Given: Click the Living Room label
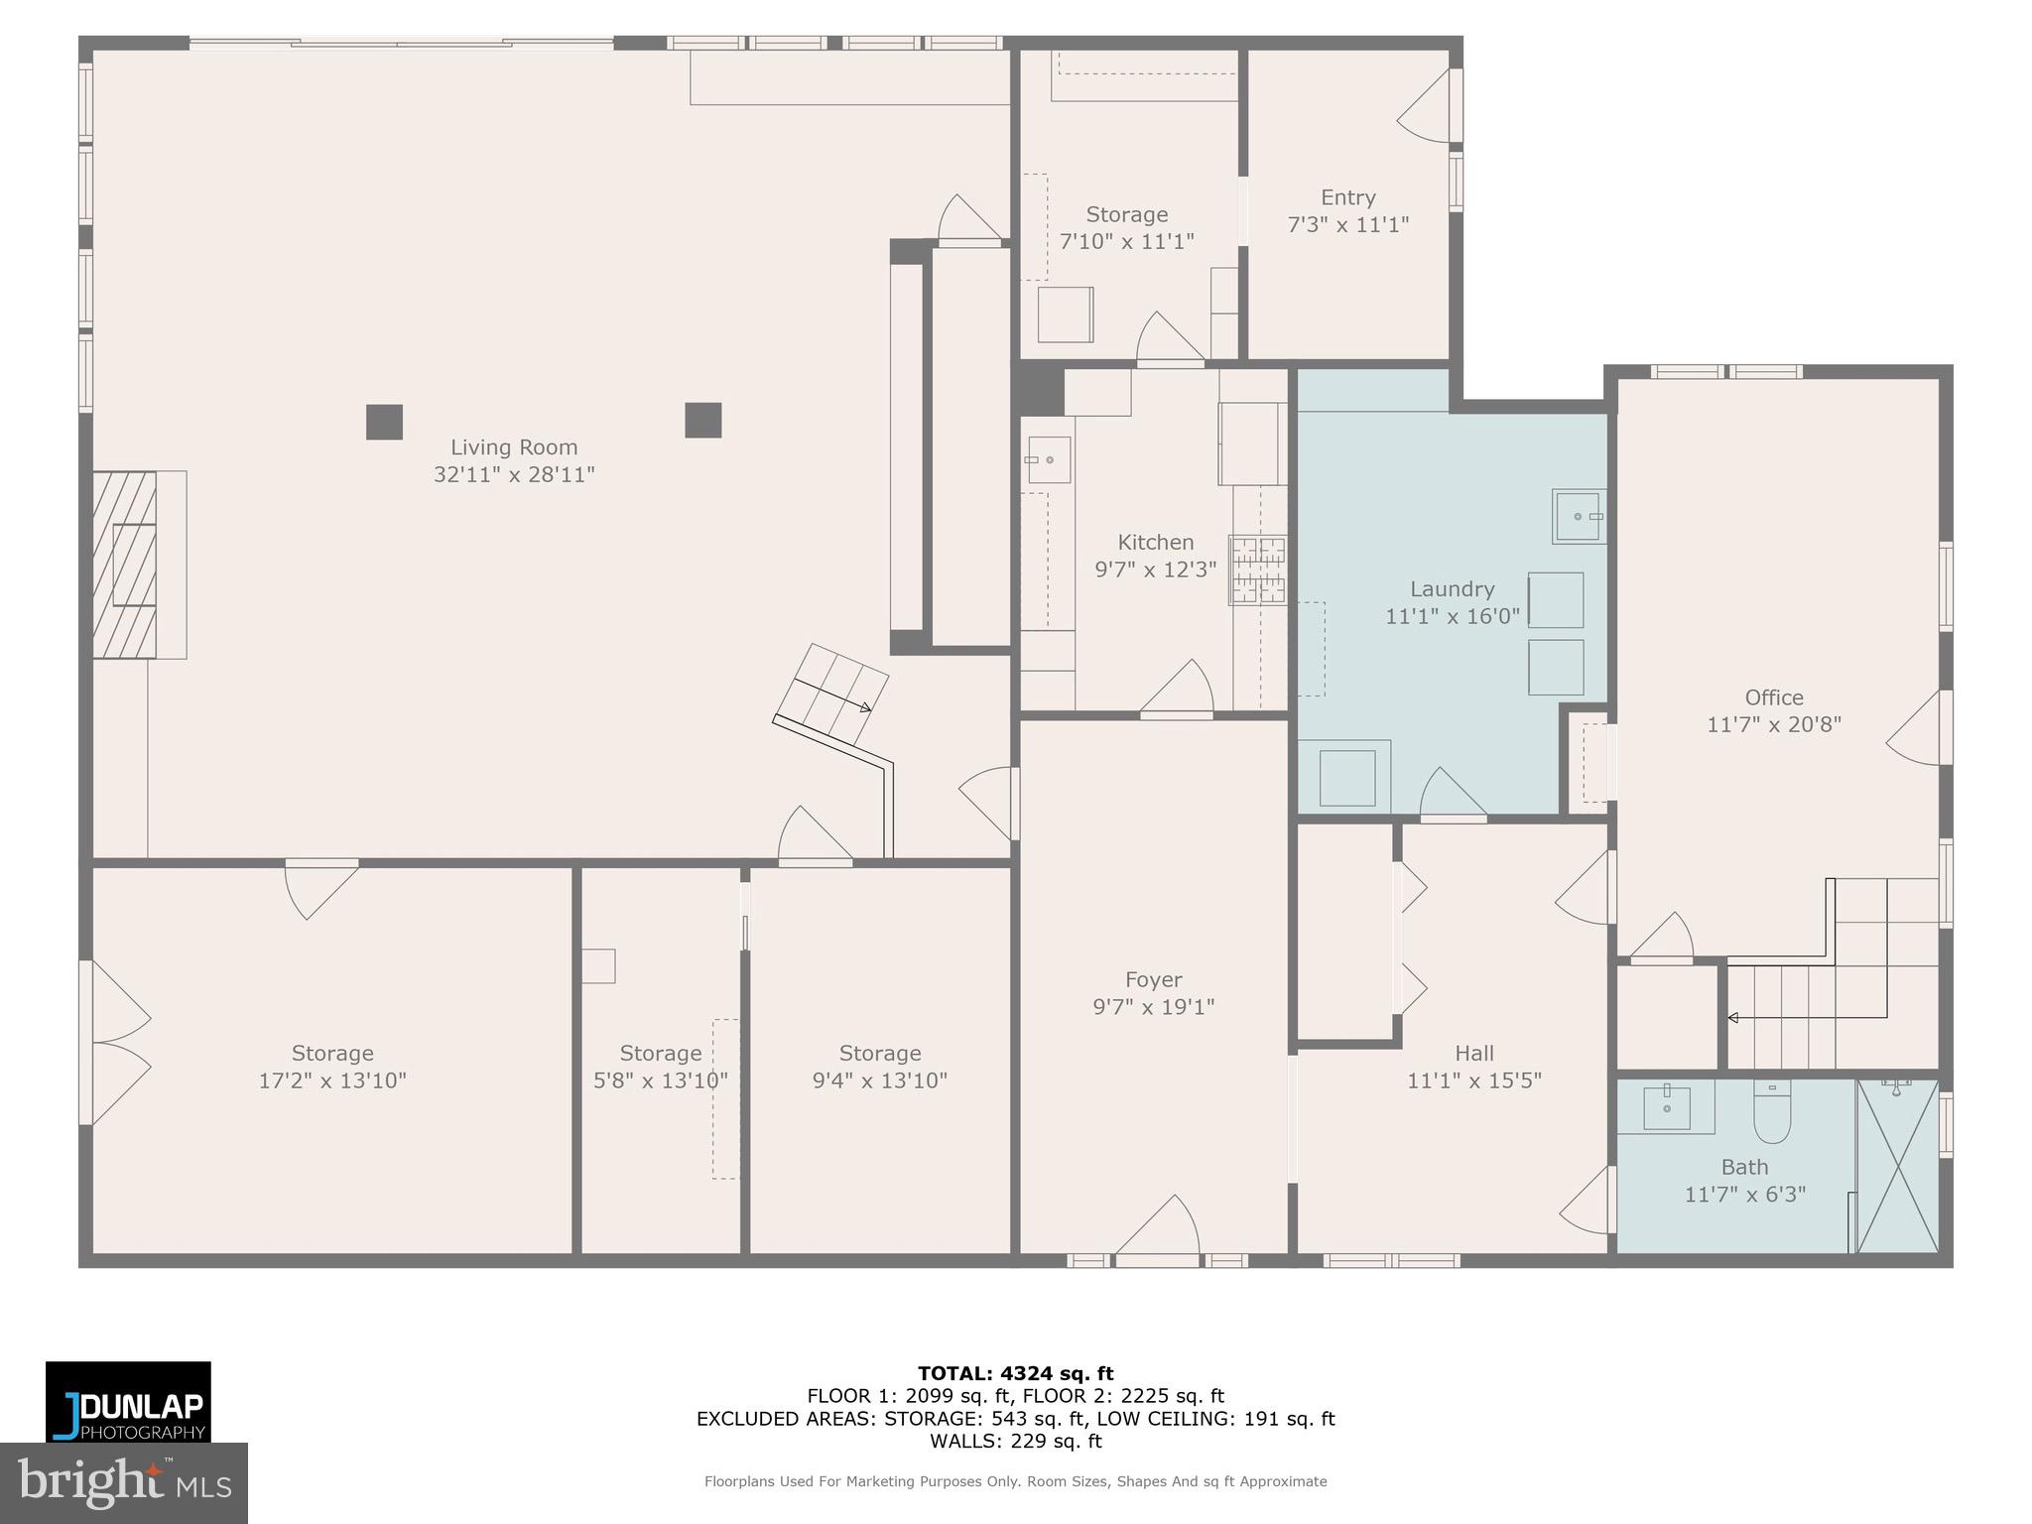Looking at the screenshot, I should pyautogui.click(x=513, y=447).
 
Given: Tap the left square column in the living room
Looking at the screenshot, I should pyautogui.click(x=384, y=422).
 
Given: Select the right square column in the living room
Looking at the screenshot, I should pyautogui.click(x=702, y=420).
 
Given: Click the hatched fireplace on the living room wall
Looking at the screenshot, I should pyautogui.click(x=125, y=564).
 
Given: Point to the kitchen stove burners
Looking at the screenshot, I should pyautogui.click(x=1258, y=570).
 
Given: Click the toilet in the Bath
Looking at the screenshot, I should pyautogui.click(x=1771, y=1114).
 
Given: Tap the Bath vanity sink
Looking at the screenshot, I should pyautogui.click(x=1667, y=1108).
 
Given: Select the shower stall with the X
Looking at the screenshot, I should pyautogui.click(x=1897, y=1167).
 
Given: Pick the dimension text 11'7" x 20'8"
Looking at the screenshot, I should pyautogui.click(x=1773, y=725).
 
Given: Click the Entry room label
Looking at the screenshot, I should pyautogui.click(x=1347, y=197).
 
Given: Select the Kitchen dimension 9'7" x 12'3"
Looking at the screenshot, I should pyautogui.click(x=1155, y=570).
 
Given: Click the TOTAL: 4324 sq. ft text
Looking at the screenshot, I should pyautogui.click(x=1015, y=1373).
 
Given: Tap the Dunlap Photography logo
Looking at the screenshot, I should pyautogui.click(x=128, y=1401).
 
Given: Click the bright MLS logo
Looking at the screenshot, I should pyautogui.click(x=124, y=1482).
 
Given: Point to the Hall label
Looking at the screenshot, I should pyautogui.click(x=1473, y=1053).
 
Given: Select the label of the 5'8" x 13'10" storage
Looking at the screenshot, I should pyautogui.click(x=660, y=1053).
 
